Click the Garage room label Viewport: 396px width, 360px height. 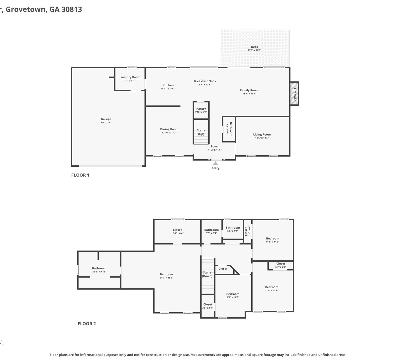(106, 119)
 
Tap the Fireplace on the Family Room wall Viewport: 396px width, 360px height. (294, 94)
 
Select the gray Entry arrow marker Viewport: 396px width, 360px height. (215, 163)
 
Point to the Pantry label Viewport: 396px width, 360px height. (201, 108)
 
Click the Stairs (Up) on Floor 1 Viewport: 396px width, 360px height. (201, 132)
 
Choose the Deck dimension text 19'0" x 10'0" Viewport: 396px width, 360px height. (254, 50)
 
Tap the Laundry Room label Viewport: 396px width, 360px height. (130, 77)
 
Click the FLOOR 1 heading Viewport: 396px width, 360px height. (80, 175)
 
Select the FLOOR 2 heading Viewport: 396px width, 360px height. (87, 324)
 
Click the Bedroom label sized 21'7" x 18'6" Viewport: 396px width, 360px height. (166, 274)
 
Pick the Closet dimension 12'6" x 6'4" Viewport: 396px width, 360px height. (177, 233)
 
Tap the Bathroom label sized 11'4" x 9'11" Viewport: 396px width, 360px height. (99, 268)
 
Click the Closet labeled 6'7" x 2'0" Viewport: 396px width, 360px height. (281, 263)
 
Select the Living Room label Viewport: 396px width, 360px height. (262, 134)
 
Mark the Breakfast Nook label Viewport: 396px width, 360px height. (205, 81)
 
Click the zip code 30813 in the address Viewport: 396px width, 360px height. (72, 9)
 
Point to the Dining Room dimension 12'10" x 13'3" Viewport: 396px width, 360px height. (169, 133)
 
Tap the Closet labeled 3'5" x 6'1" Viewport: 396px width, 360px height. (208, 304)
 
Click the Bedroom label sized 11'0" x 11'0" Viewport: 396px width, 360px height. (272, 238)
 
